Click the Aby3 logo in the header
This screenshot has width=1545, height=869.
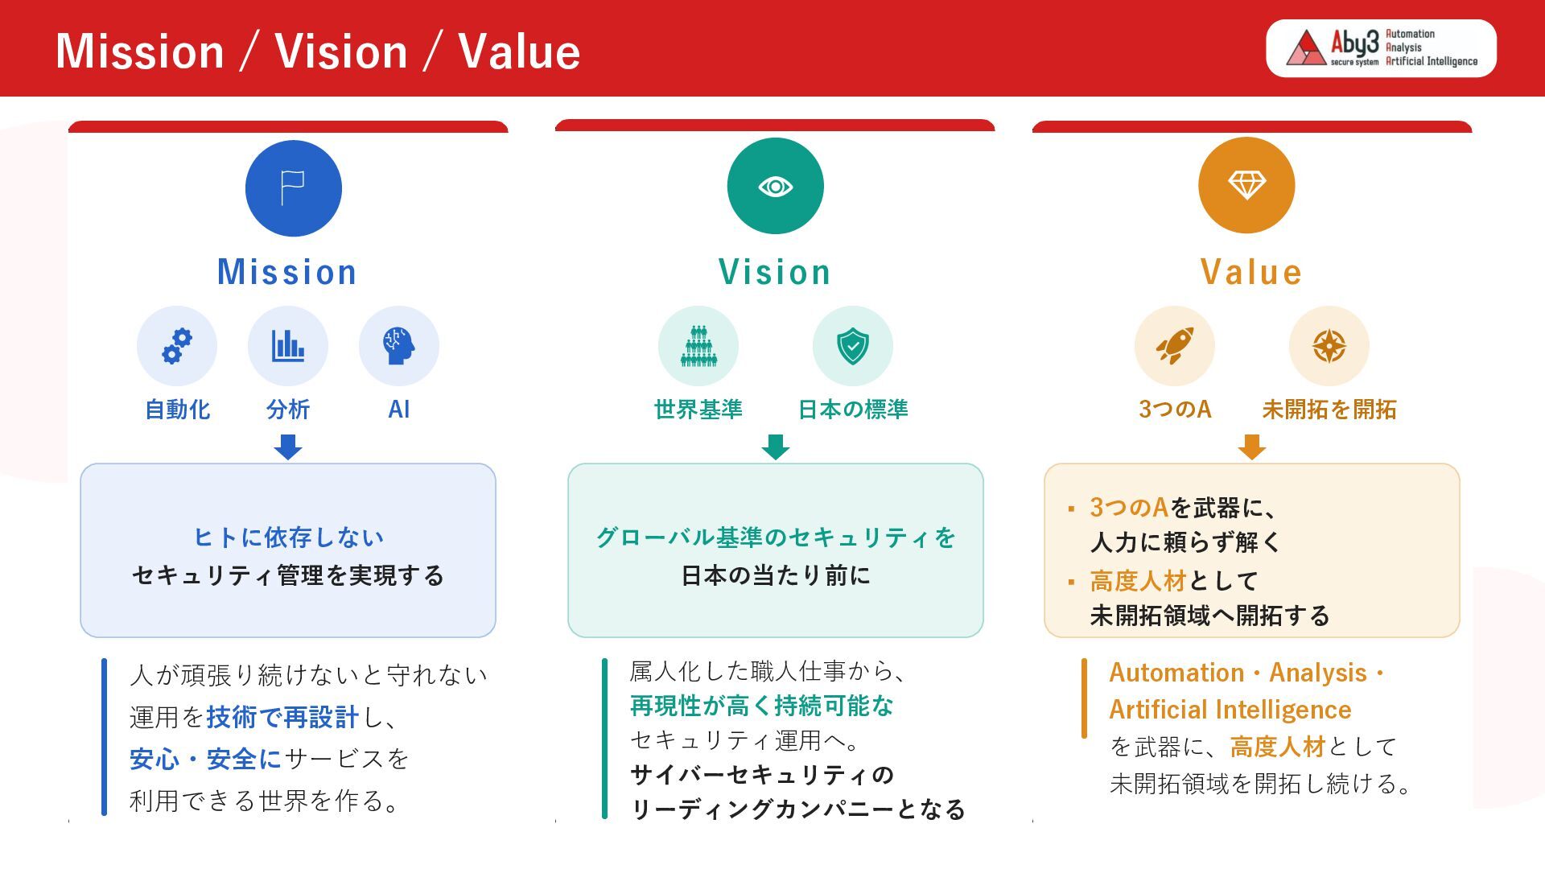(1381, 48)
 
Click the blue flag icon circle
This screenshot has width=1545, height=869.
(294, 188)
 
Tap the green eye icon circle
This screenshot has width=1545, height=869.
(776, 186)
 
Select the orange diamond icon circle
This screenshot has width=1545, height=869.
(1246, 185)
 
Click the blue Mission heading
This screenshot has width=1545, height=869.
(287, 272)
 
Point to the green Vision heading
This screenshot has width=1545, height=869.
(775, 272)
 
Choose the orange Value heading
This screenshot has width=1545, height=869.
(1251, 272)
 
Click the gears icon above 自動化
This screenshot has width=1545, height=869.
(177, 346)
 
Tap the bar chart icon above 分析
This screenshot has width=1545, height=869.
(288, 346)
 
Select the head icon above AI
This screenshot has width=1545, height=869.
(399, 346)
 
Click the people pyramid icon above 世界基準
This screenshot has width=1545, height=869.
(698, 346)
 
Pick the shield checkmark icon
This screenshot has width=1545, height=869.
(853, 346)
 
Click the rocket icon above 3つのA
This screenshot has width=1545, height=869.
(1175, 346)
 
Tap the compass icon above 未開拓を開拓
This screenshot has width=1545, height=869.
(1329, 346)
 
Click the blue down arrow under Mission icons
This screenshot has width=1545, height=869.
(288, 447)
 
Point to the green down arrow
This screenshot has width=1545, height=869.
(776, 447)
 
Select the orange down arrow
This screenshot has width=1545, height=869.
(1251, 447)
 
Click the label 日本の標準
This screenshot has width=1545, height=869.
(853, 410)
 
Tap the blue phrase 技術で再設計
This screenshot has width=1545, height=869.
(282, 717)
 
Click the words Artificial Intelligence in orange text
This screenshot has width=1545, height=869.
(1230, 710)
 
